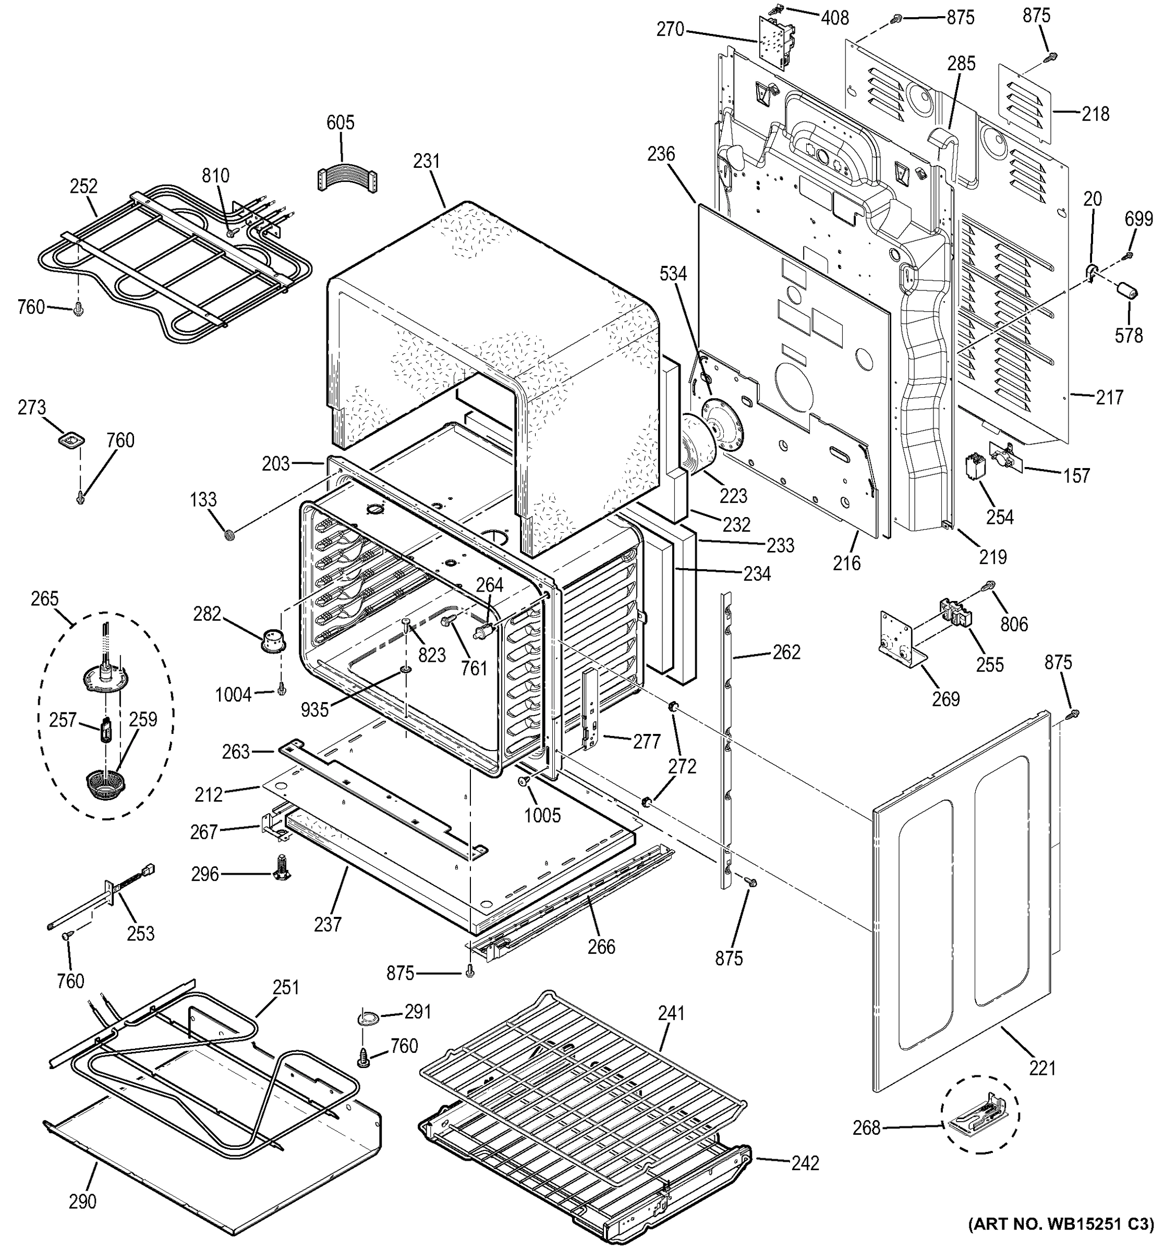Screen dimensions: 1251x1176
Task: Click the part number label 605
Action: click(340, 122)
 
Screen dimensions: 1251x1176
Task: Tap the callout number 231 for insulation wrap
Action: click(426, 161)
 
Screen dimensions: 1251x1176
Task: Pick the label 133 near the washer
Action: click(203, 500)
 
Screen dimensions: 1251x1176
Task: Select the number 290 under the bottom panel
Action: click(82, 1201)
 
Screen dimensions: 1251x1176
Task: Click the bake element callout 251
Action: click(286, 987)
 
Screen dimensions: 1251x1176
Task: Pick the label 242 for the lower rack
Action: click(805, 1163)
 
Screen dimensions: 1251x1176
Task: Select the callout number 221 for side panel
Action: click(1042, 1068)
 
